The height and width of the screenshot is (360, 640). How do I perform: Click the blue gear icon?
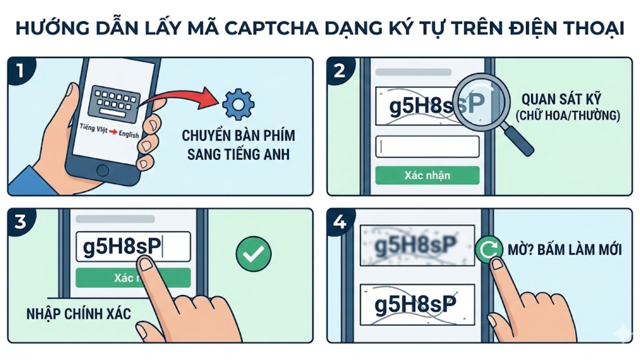[x=238, y=105]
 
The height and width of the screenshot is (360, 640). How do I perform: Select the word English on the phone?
[x=129, y=134]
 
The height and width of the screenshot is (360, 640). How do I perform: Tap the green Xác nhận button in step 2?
[x=427, y=175]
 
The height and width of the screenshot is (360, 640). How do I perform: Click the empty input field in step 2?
[x=427, y=147]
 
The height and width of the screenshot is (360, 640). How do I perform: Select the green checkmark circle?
[x=254, y=254]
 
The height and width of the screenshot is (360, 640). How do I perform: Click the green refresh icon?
[x=488, y=249]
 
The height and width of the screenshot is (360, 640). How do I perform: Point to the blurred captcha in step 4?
[x=417, y=245]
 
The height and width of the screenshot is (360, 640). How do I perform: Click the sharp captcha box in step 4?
[x=417, y=304]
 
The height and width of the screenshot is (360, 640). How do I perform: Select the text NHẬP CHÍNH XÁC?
[x=78, y=314]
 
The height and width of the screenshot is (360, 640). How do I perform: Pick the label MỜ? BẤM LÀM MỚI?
[x=564, y=250]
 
